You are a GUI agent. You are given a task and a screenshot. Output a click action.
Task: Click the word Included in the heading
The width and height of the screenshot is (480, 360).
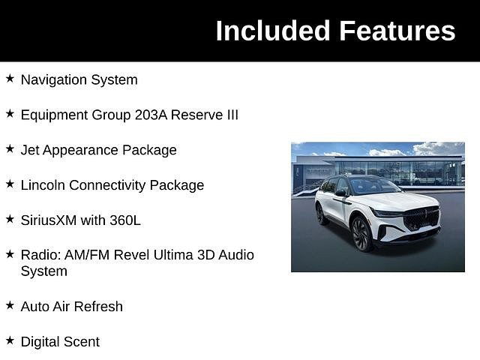[x=273, y=31]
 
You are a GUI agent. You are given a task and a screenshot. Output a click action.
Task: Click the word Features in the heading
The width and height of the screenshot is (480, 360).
[x=397, y=31]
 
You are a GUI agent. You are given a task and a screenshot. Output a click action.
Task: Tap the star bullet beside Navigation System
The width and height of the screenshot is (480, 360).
[x=10, y=78]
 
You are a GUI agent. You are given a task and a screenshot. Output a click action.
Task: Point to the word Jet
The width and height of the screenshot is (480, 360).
[x=30, y=150]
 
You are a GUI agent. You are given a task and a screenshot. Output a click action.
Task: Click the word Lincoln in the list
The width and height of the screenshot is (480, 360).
[x=43, y=185]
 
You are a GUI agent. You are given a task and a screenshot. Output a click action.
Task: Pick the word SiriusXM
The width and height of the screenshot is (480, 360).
[x=48, y=220]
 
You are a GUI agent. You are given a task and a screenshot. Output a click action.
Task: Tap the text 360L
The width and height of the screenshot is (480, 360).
[x=125, y=220]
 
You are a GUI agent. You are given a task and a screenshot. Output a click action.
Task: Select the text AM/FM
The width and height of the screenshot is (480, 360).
[x=87, y=255]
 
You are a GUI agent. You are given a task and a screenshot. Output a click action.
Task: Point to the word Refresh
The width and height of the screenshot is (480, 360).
[x=98, y=307]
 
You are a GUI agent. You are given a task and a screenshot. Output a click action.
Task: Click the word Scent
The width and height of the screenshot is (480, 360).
[x=84, y=342]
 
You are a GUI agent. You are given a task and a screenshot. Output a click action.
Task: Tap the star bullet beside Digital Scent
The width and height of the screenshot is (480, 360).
[x=10, y=340]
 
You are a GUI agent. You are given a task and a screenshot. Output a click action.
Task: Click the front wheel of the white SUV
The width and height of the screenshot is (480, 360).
[x=361, y=234]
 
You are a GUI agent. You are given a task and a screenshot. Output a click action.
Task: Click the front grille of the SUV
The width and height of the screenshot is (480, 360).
[x=421, y=218]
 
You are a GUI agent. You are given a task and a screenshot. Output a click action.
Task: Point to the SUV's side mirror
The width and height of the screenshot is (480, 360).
[x=341, y=193]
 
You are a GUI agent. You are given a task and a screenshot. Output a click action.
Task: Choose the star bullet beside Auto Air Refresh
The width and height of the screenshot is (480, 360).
[x=10, y=305]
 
